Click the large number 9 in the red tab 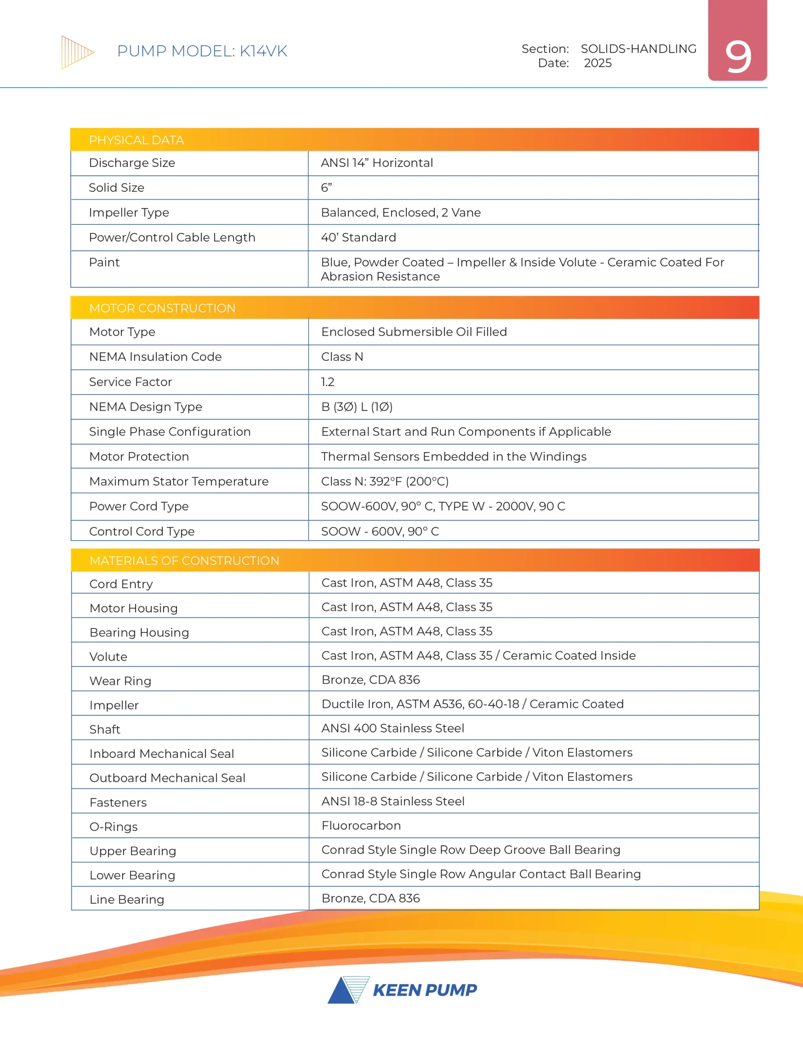[738, 57]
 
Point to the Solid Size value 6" [326, 188]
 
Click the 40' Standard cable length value [358, 237]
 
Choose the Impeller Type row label [129, 213]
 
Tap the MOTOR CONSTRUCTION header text [162, 308]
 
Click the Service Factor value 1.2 [328, 382]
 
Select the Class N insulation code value [342, 357]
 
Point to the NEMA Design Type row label [145, 407]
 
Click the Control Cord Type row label [141, 531]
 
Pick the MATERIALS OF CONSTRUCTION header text [184, 561]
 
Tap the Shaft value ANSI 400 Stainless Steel [393, 729]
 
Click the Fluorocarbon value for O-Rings [361, 826]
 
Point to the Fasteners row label [118, 802]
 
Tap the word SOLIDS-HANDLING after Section [638, 49]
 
